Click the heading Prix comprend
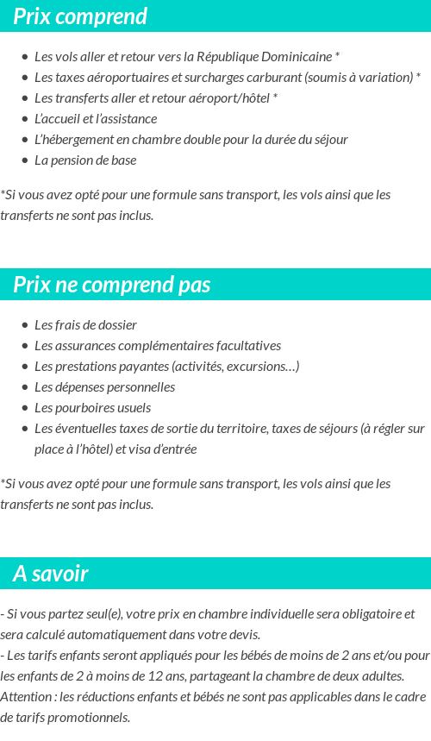[x=80, y=16]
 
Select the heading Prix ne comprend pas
[x=112, y=285]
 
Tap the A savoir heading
[x=51, y=574]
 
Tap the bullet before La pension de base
[x=24, y=160]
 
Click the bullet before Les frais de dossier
[x=24, y=326]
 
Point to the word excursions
[x=263, y=367]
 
